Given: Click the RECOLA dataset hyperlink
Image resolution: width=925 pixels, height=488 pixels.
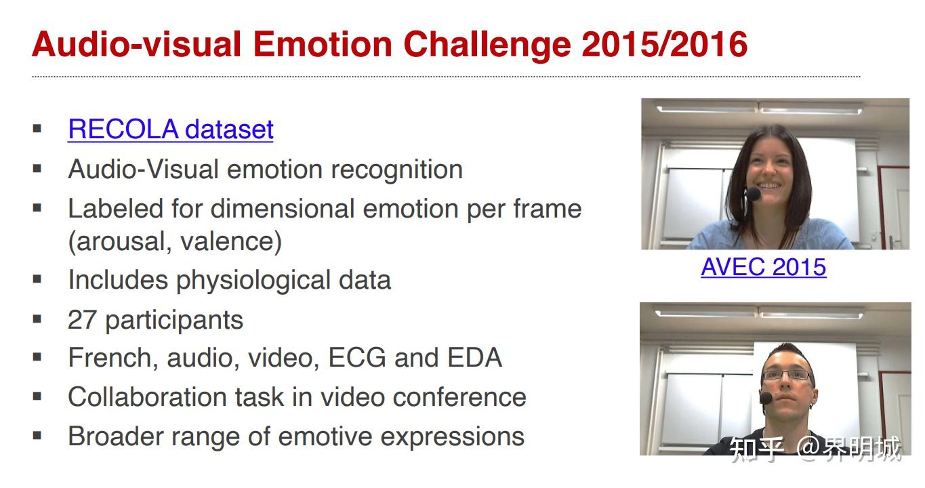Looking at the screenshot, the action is (x=171, y=129).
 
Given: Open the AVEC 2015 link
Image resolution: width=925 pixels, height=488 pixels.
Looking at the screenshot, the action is (x=764, y=267).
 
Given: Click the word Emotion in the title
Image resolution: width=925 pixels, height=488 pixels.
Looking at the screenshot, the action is (x=323, y=44).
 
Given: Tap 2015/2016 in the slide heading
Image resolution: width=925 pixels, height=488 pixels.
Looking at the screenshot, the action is (x=664, y=44).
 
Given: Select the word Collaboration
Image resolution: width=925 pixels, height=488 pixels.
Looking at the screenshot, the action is (x=147, y=397).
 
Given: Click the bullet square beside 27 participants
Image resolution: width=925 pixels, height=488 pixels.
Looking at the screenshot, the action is (x=37, y=319).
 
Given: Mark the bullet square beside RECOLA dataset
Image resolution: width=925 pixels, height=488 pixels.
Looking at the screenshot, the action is (x=37, y=129).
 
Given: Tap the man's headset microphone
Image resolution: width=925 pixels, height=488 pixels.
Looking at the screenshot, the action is (x=766, y=398).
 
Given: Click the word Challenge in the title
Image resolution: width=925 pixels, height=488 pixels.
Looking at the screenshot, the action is (x=487, y=44).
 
